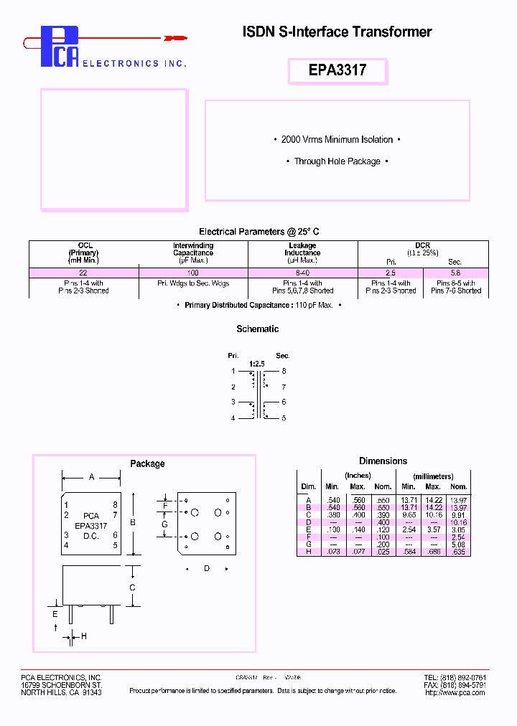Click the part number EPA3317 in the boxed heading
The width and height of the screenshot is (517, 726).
click(x=337, y=70)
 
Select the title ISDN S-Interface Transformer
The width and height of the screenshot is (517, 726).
click(x=337, y=32)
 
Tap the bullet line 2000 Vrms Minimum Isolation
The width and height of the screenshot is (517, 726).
click(x=337, y=139)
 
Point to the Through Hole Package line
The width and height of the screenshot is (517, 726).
click(x=337, y=161)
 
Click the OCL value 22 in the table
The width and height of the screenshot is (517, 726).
click(x=83, y=273)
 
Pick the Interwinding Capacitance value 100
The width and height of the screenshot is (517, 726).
click(x=192, y=273)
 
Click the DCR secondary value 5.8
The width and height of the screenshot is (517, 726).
click(x=455, y=273)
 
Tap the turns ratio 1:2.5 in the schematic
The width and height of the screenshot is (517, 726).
click(x=257, y=364)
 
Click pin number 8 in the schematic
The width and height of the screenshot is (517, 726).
click(x=284, y=371)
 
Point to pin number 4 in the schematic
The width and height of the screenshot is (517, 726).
click(x=233, y=418)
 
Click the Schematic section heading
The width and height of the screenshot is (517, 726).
click(x=258, y=329)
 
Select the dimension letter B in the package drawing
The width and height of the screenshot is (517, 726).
click(x=133, y=523)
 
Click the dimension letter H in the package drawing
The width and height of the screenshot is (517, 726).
click(x=83, y=636)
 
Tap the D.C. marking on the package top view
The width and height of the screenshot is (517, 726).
click(x=90, y=536)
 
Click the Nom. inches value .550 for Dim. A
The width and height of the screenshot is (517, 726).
click(x=383, y=499)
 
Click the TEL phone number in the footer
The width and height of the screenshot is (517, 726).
click(x=455, y=677)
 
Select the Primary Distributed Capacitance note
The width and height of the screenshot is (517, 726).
click(x=258, y=305)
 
